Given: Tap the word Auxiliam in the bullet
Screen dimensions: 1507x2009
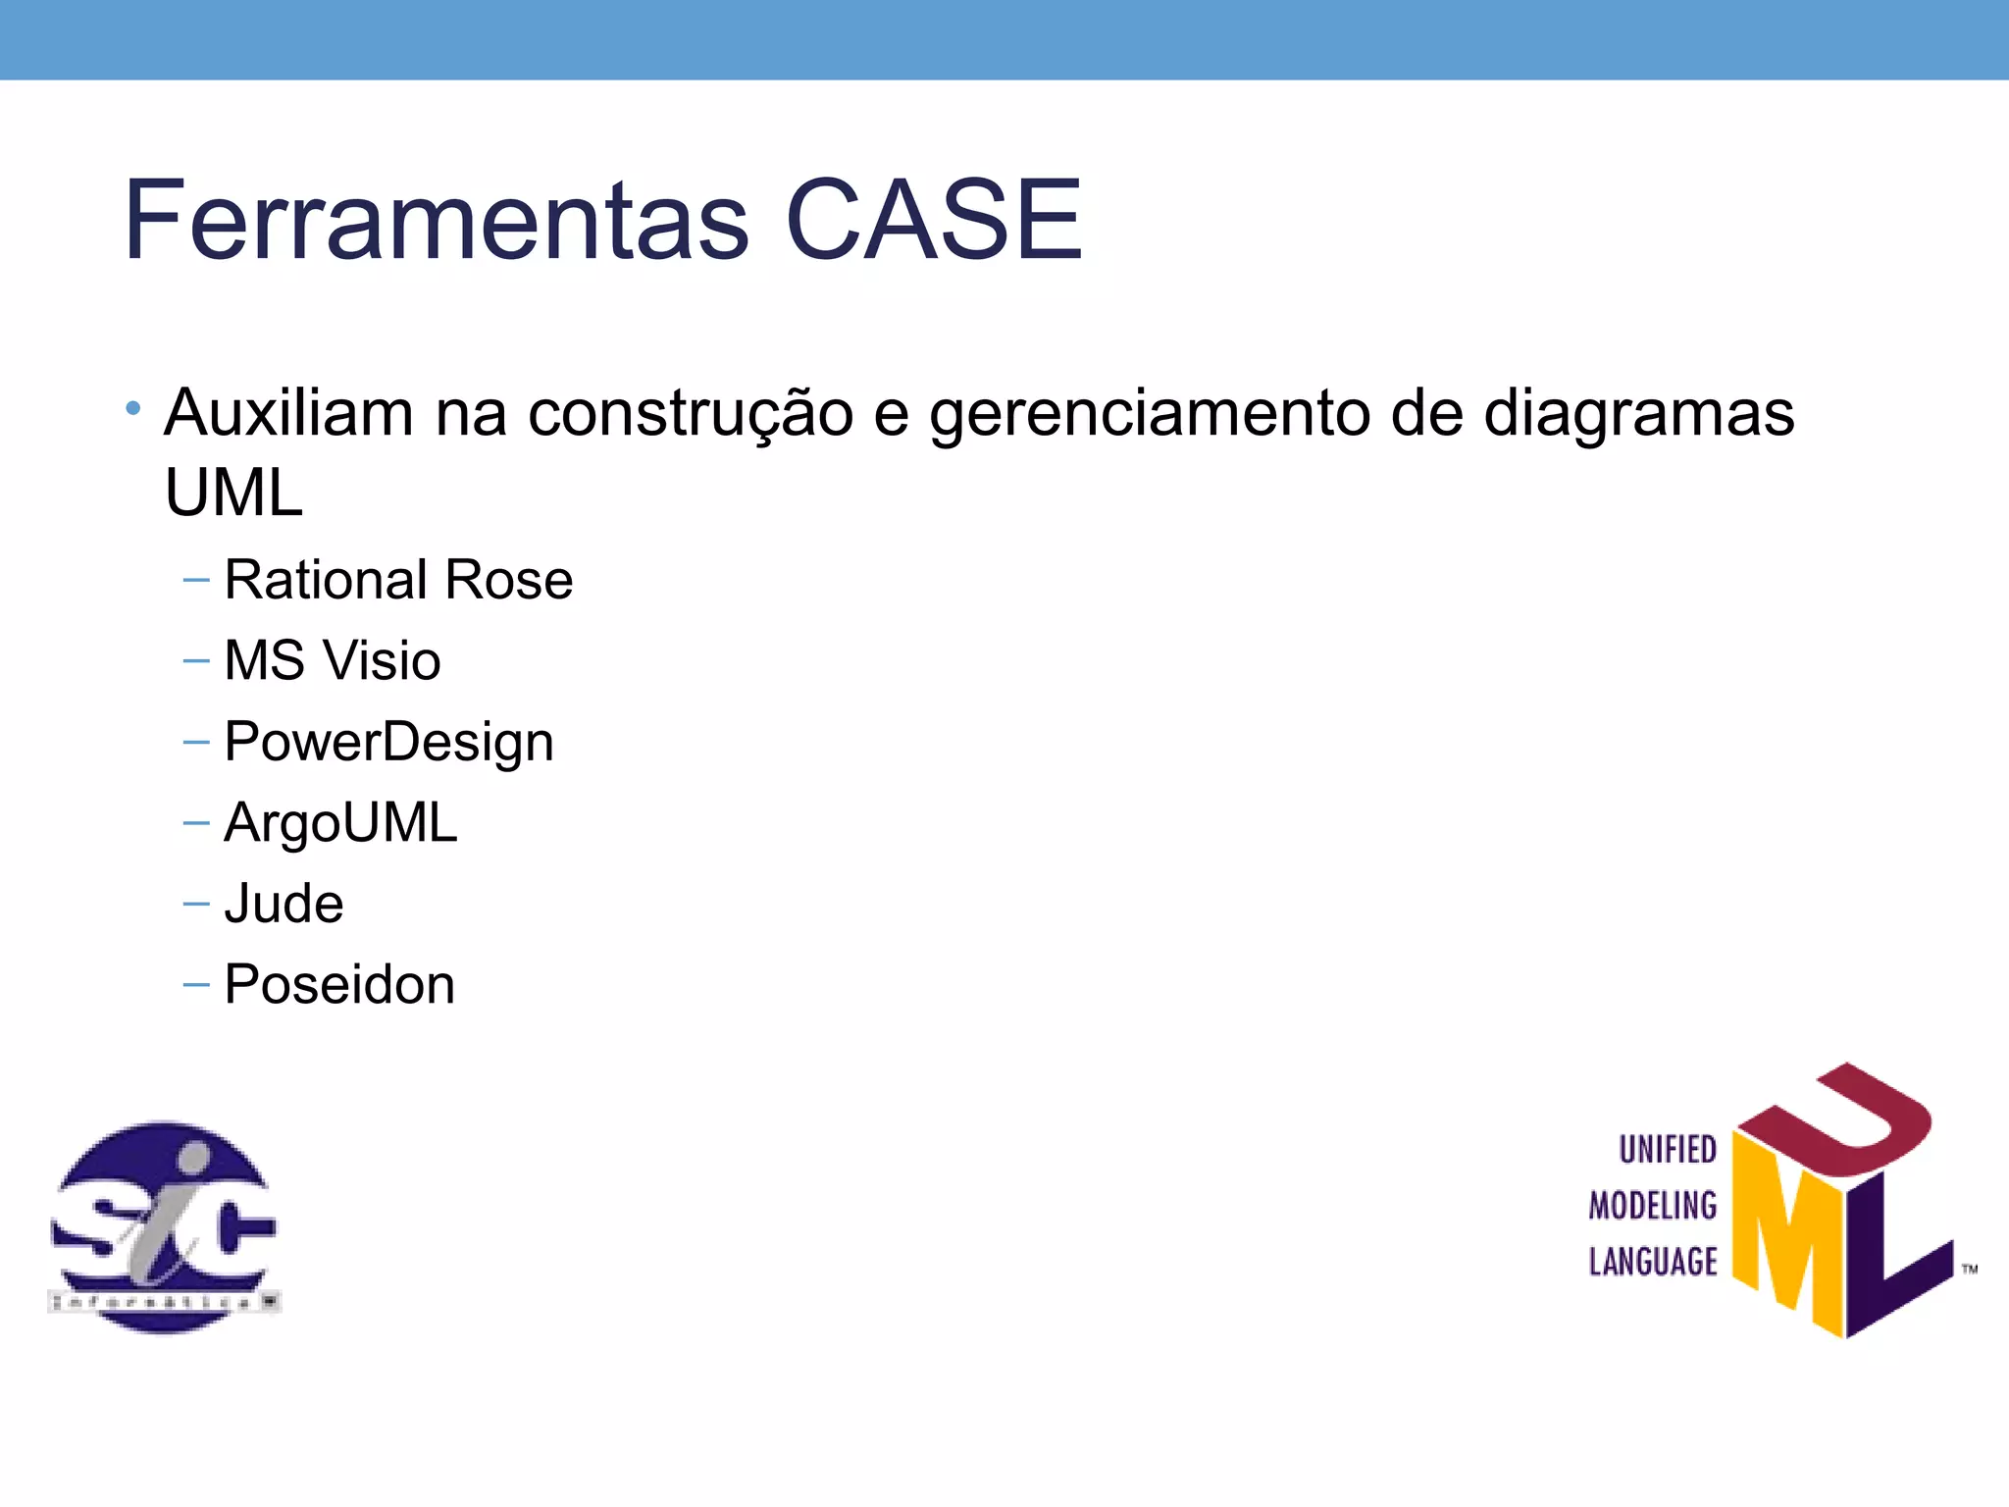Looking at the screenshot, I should tap(288, 412).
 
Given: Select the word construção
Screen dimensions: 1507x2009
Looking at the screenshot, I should tap(691, 414).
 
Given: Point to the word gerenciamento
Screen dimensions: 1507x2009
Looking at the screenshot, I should tap(1149, 414).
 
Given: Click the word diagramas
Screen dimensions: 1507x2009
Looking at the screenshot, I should tap(1638, 414).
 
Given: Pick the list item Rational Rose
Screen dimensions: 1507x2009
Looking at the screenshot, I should tap(398, 580).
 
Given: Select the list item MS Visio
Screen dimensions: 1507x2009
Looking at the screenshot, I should tap(332, 660).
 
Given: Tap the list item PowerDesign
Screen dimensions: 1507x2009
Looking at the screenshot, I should tap(388, 742).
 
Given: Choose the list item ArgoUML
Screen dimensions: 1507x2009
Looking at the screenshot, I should tap(340, 822).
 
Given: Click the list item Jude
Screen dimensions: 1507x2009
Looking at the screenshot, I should tap(283, 904).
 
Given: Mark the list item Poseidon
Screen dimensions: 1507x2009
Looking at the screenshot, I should tap(339, 984).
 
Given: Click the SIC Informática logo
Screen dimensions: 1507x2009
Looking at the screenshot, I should tap(164, 1226).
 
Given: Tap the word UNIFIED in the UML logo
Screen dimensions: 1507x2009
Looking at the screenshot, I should tap(1667, 1150).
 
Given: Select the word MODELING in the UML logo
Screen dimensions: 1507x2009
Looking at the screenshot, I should tap(1653, 1206).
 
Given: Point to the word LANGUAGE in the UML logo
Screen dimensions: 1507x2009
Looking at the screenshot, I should tap(1653, 1262).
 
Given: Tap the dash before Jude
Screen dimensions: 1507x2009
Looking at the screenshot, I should tap(196, 904).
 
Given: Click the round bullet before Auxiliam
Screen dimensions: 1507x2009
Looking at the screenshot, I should tap(133, 407).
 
